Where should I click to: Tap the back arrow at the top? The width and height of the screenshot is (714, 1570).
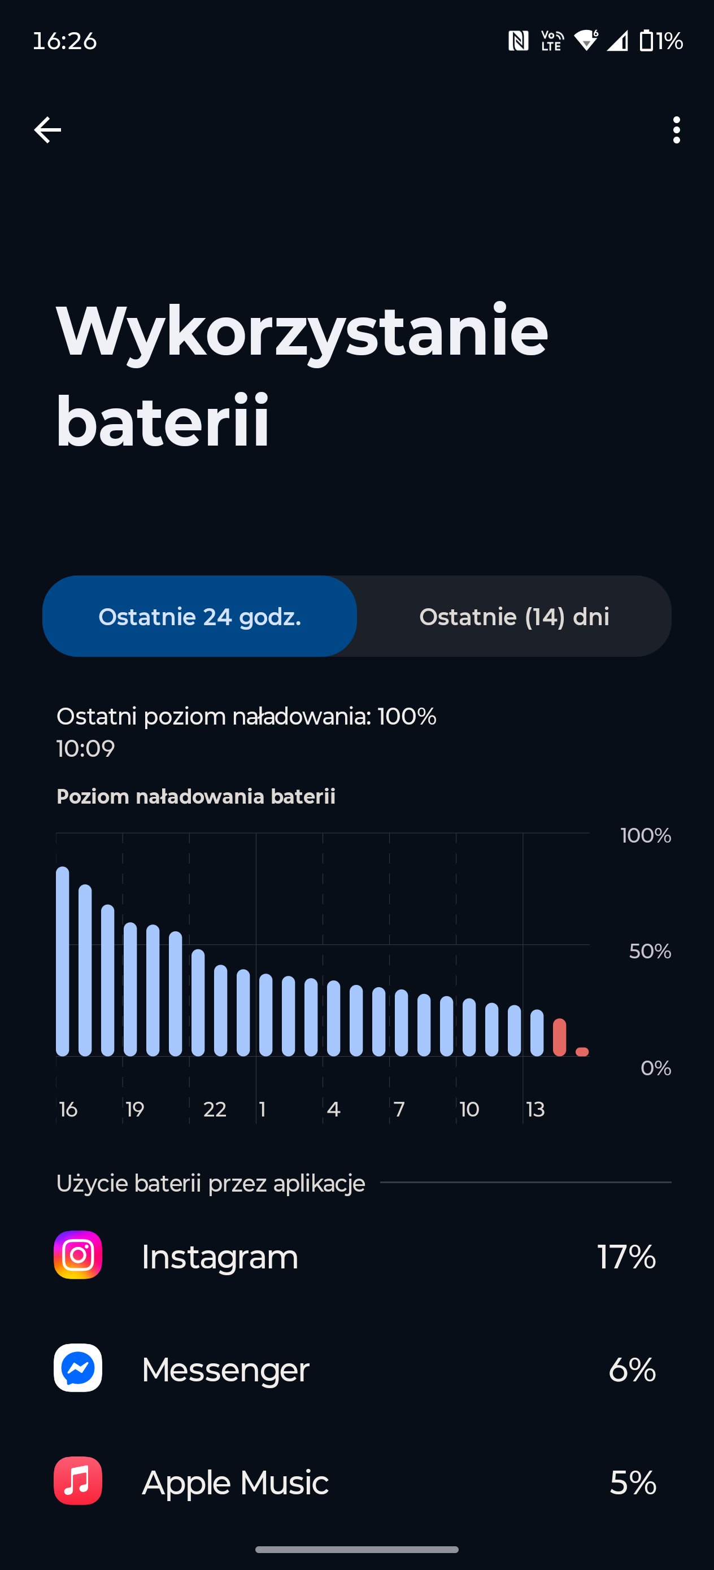[47, 130]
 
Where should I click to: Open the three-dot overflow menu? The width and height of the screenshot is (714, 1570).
[676, 130]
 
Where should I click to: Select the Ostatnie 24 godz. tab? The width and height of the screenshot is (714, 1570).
[199, 616]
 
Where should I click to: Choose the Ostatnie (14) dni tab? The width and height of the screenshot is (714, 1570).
[514, 616]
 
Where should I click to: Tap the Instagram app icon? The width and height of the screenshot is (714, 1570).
[78, 1254]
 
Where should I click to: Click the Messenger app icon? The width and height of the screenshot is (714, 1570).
[78, 1368]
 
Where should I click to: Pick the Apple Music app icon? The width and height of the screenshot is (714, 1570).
[78, 1480]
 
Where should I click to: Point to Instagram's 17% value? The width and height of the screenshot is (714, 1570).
[626, 1257]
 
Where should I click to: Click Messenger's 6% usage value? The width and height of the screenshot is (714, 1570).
[632, 1370]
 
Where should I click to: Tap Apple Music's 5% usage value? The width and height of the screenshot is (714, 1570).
[633, 1482]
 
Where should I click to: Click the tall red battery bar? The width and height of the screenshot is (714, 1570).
[559, 1037]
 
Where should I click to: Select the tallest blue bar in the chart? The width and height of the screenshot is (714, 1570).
[62, 961]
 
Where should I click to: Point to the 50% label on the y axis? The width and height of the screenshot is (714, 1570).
[650, 951]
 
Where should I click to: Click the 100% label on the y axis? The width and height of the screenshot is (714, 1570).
[646, 835]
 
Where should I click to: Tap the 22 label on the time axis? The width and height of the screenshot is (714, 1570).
[215, 1109]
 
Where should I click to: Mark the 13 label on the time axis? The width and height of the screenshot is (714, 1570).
[535, 1109]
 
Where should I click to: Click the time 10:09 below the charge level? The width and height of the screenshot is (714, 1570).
[85, 748]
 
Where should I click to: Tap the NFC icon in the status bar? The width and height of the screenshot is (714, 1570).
[519, 41]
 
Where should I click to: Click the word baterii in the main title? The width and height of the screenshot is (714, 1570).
[162, 421]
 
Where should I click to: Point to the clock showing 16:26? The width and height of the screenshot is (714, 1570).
[64, 41]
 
